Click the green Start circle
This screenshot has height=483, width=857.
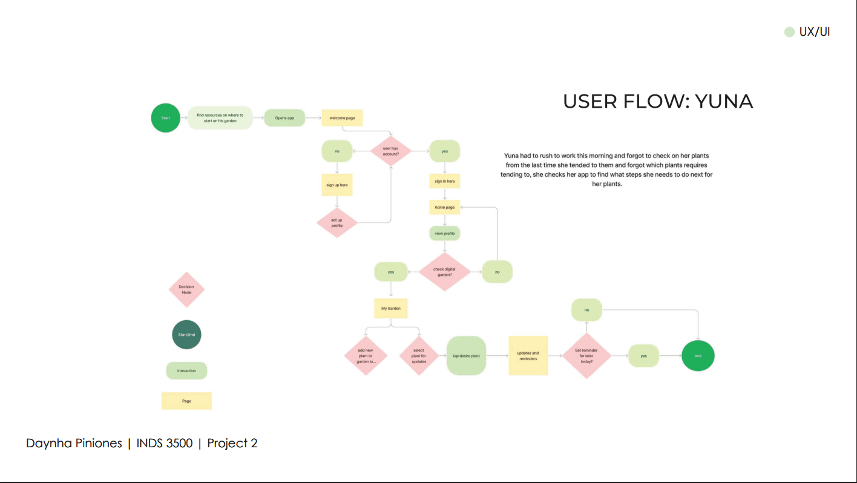click(x=165, y=118)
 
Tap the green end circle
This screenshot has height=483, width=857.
click(x=698, y=356)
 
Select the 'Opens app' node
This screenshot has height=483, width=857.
click(x=284, y=118)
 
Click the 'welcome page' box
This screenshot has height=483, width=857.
click(x=342, y=118)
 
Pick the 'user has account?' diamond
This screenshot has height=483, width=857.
click(x=391, y=151)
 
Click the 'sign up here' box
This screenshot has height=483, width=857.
click(x=337, y=185)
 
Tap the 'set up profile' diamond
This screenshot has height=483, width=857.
click(x=337, y=223)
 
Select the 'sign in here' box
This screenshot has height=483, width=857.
click(x=445, y=181)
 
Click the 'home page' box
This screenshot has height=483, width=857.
click(x=445, y=207)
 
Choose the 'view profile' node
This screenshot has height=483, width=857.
click(x=445, y=233)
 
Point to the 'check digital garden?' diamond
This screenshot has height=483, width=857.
click(x=445, y=272)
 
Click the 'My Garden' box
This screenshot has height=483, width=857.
click(x=391, y=308)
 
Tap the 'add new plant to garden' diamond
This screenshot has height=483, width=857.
click(x=365, y=356)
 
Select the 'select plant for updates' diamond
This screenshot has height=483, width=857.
click(x=419, y=356)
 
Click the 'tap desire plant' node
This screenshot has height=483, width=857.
click(x=466, y=356)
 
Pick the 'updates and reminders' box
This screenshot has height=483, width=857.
click(x=528, y=356)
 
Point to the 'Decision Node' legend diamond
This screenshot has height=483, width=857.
click(x=186, y=290)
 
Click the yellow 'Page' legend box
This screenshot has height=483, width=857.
click(x=186, y=401)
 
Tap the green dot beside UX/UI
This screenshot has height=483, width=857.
click(x=789, y=32)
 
